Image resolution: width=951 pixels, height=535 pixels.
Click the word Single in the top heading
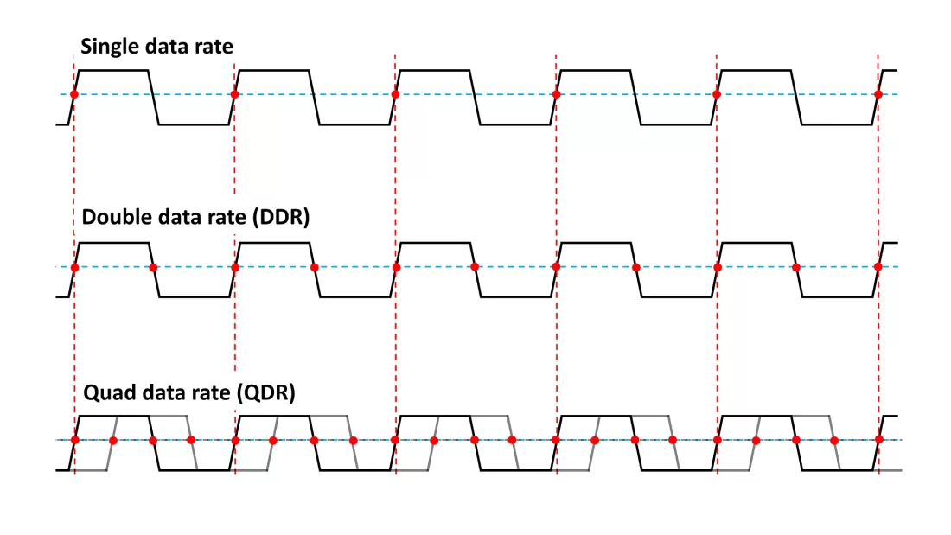(110, 47)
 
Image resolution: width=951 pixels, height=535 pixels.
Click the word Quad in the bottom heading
(105, 392)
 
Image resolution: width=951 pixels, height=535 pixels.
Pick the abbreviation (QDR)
(266, 392)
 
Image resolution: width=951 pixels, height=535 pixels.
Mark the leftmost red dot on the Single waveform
(74, 94)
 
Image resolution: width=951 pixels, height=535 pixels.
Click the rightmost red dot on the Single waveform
(878, 94)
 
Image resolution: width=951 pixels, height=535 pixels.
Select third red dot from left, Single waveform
(395, 94)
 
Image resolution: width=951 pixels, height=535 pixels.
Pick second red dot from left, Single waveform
(234, 94)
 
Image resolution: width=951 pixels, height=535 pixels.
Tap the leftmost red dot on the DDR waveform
(74, 268)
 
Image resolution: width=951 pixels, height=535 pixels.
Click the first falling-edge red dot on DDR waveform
(153, 268)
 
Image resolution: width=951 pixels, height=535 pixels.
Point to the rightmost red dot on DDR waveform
(878, 267)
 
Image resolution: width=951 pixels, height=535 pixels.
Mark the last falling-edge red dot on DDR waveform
(795, 268)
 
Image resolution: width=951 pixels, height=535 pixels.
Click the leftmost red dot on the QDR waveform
(74, 440)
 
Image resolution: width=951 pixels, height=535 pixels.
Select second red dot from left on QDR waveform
(113, 441)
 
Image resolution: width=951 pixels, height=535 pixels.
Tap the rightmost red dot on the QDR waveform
(879, 439)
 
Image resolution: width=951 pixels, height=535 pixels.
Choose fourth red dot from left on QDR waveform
(191, 441)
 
